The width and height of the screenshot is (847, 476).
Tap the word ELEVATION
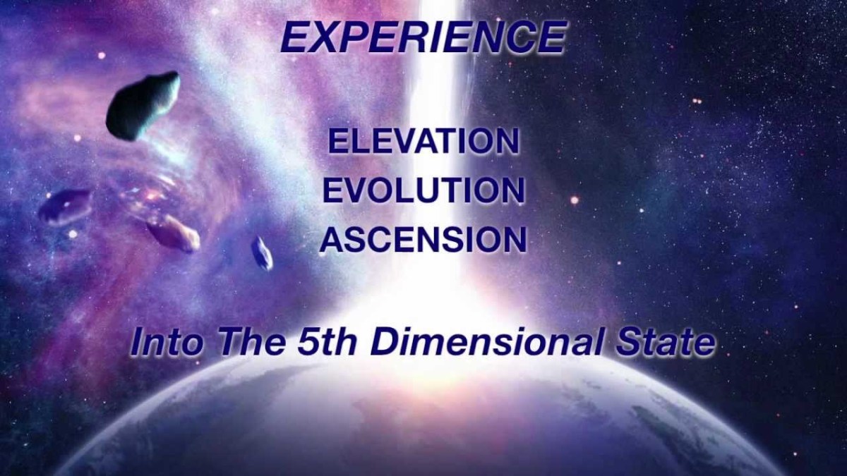tap(422, 141)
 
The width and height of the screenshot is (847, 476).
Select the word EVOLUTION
tap(422, 190)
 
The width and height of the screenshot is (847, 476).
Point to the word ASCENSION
tap(423, 240)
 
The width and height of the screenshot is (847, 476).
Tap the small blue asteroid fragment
tap(262, 252)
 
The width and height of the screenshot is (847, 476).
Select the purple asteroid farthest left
tap(65, 206)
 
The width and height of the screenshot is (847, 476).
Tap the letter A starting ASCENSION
tap(331, 240)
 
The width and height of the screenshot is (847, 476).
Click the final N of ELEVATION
tap(507, 141)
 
